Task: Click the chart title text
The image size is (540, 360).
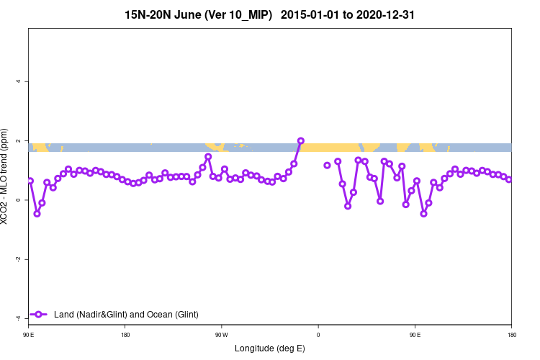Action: coord(269,14)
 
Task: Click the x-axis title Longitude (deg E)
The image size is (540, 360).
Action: coord(270,348)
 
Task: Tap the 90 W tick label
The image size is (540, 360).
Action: coord(221,335)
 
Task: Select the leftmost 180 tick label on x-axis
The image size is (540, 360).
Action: coord(125,335)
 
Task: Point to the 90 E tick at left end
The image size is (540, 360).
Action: coord(28,335)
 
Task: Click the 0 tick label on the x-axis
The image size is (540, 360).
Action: coord(318,335)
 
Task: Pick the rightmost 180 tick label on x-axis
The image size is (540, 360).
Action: coord(511,335)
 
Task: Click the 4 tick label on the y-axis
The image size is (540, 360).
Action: coord(19,81)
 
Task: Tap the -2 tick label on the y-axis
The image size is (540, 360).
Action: coord(19,259)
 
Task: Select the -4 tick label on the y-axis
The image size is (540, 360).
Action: coord(19,318)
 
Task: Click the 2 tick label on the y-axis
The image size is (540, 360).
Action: coord(19,140)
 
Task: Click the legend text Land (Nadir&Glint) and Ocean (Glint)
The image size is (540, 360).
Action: coord(126,315)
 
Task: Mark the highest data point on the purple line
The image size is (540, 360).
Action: coord(301,141)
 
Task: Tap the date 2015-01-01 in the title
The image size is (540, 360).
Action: coord(309,14)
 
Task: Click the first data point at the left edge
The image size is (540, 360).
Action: coord(30,181)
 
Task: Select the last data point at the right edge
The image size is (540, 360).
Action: coord(509,179)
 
